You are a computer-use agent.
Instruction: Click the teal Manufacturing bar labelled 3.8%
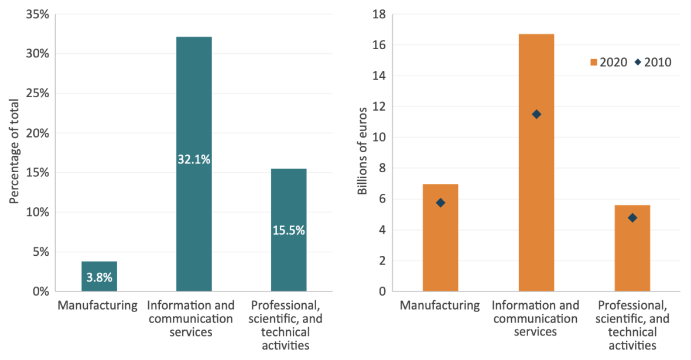99,276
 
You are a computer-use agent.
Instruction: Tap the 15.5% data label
289,231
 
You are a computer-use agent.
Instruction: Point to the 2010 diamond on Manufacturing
440,203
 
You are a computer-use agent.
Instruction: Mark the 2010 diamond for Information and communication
536,114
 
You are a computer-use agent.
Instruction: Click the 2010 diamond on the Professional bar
632,218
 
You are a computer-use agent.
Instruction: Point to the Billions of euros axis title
362,151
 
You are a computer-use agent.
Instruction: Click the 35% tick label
37,14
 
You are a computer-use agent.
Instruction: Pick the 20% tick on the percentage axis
37,133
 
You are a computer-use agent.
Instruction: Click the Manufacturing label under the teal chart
97,305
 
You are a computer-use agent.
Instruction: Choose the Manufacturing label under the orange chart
440,305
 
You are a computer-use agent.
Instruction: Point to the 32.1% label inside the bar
194,159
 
